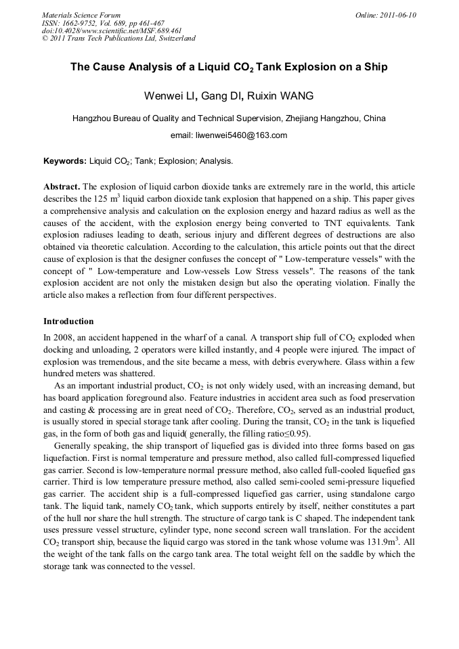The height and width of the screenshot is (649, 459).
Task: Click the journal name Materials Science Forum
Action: tap(81, 15)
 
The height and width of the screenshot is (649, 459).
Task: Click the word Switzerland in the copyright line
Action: tap(171, 39)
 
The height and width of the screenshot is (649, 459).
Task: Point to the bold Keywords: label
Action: tap(65, 161)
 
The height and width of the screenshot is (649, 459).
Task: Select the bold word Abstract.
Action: tap(62, 186)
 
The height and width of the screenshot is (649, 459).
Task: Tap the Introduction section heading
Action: tap(68, 321)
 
